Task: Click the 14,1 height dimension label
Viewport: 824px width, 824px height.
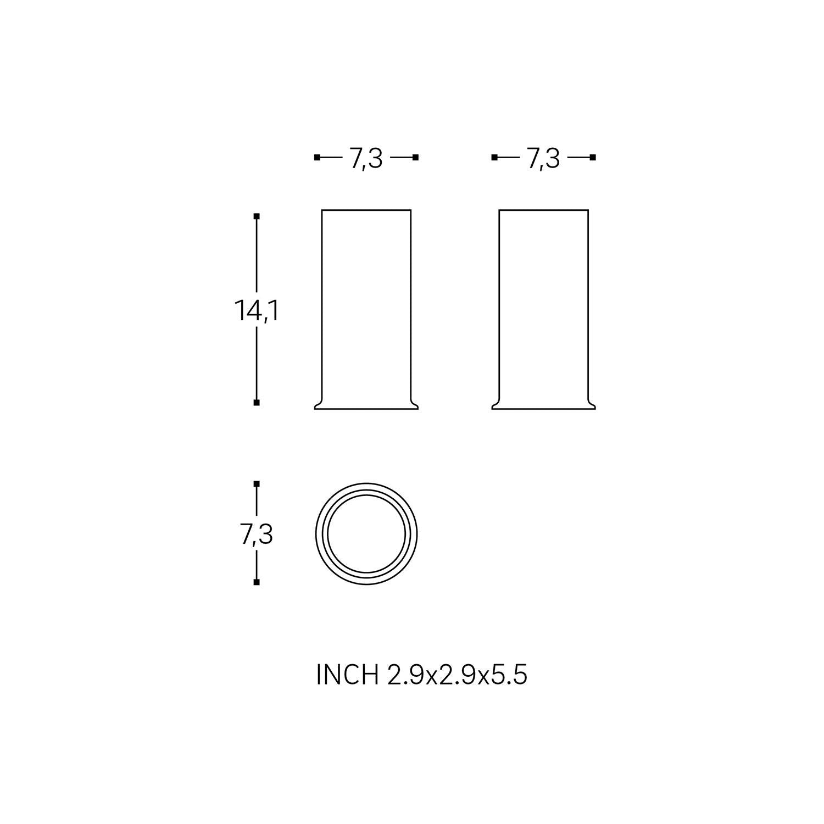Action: pos(257,311)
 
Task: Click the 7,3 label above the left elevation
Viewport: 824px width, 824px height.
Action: pos(366,159)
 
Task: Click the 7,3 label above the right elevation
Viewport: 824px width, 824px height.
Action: pos(543,159)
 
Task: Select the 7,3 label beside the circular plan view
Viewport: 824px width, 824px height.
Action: pos(257,534)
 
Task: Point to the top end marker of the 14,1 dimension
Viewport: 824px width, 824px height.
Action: pos(257,216)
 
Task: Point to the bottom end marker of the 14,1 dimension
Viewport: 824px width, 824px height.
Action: pos(257,403)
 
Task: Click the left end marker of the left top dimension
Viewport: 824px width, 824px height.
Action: pos(317,158)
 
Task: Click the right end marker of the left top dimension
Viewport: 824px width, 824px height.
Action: pos(416,158)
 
